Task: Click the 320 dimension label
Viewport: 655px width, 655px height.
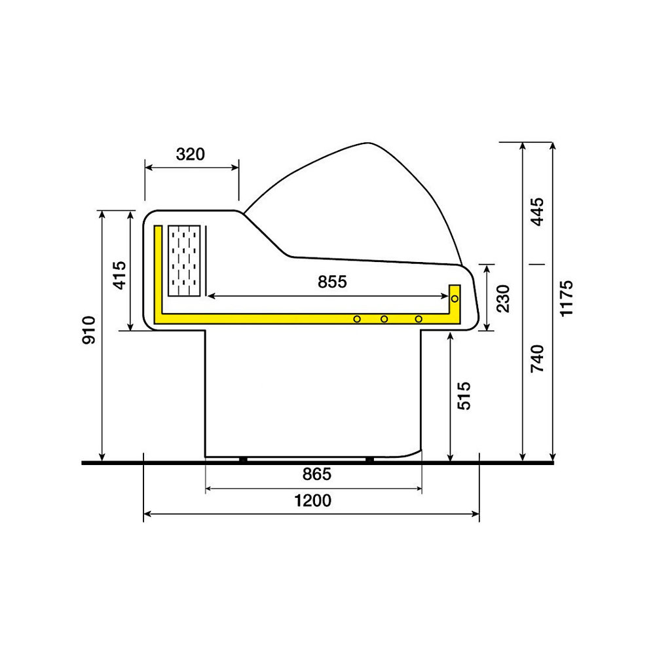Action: (191, 154)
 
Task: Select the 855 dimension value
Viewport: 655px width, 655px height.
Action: (332, 282)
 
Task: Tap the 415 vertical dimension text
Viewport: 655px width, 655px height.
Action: (119, 275)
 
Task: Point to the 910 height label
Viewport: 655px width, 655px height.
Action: (88, 330)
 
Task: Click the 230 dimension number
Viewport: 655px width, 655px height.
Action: (503, 298)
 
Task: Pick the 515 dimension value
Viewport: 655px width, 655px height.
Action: (464, 396)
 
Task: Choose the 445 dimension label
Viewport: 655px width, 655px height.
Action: (537, 212)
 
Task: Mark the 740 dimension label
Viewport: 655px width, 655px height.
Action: (537, 358)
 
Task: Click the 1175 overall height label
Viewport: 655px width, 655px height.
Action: (567, 298)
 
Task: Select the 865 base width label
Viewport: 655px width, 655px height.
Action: (317, 474)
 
